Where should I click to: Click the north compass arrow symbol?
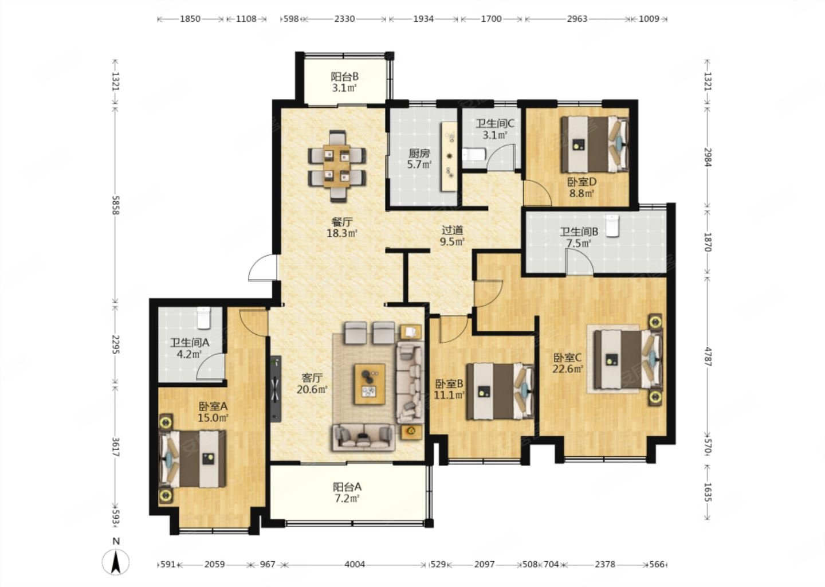(x=116, y=562)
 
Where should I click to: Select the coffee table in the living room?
(x=370, y=384)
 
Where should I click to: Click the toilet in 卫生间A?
(x=203, y=318)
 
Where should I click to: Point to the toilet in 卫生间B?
(x=612, y=225)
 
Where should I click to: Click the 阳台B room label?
(x=344, y=77)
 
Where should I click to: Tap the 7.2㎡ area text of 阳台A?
(x=346, y=499)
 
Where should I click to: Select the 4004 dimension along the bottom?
(x=354, y=564)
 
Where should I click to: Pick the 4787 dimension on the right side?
(x=708, y=357)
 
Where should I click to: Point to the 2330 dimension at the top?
(x=344, y=18)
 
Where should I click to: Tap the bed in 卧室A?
(x=192, y=459)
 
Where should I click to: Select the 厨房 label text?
(x=419, y=153)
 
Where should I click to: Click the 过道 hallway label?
(x=452, y=230)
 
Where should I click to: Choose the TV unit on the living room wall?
(x=276, y=389)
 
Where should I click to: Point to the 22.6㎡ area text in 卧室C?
(x=568, y=369)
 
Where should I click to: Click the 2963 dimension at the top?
(x=577, y=18)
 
